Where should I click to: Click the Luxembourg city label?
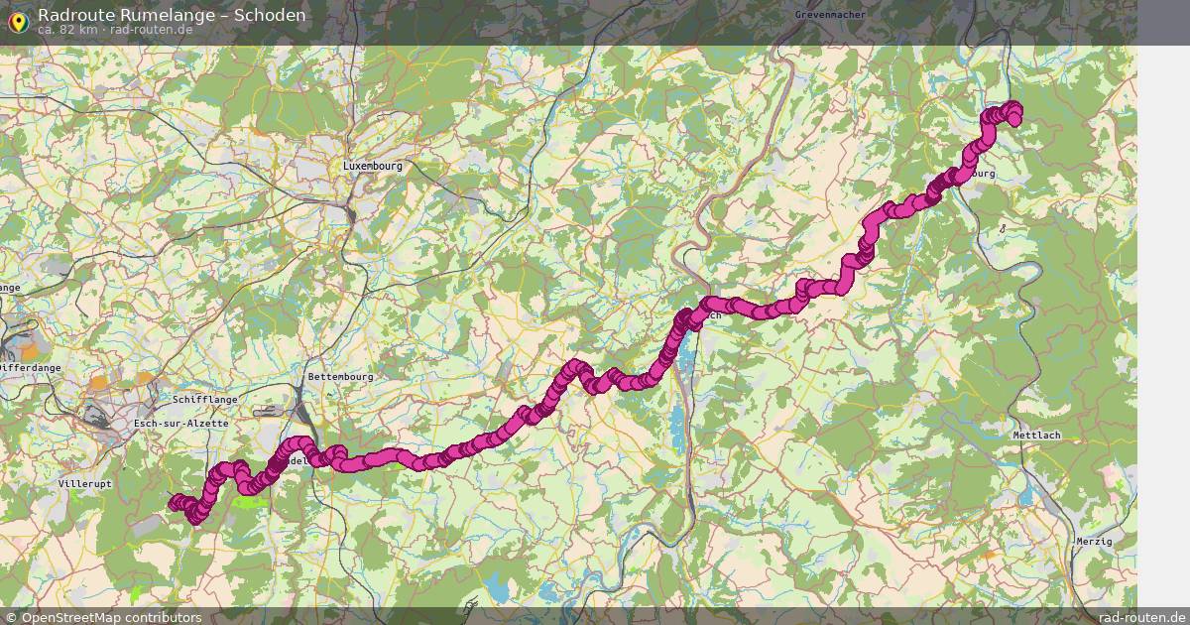373,167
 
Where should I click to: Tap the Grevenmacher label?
830,15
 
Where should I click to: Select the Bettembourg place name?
340,377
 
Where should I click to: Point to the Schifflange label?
205,399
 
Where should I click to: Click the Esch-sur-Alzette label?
180,424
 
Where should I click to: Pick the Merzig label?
1094,541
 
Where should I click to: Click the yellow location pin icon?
18,20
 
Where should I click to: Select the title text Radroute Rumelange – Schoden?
172,15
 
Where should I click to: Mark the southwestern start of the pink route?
175,503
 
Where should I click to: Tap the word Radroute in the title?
70,15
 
